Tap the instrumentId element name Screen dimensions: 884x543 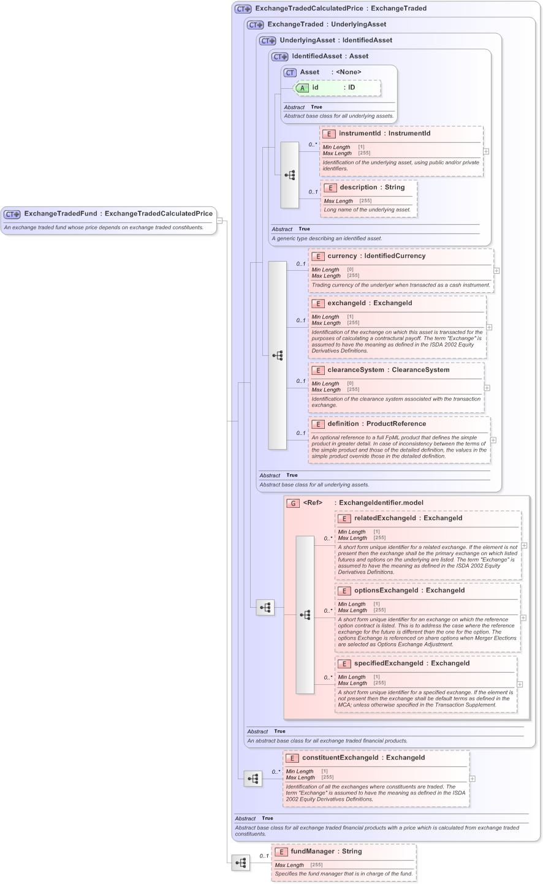tap(360, 134)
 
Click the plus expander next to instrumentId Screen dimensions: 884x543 tap(486, 151)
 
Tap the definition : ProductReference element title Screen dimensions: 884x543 tap(376, 424)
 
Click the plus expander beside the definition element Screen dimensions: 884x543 tap(493, 440)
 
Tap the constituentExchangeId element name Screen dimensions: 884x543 tap(341, 758)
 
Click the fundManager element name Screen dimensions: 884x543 tap(313, 852)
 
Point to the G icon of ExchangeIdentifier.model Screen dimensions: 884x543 tap(293, 503)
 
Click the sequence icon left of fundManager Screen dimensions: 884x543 tap(241, 863)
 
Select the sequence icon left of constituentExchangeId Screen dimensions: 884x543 tap(253, 779)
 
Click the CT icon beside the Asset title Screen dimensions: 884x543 tap(290, 72)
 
